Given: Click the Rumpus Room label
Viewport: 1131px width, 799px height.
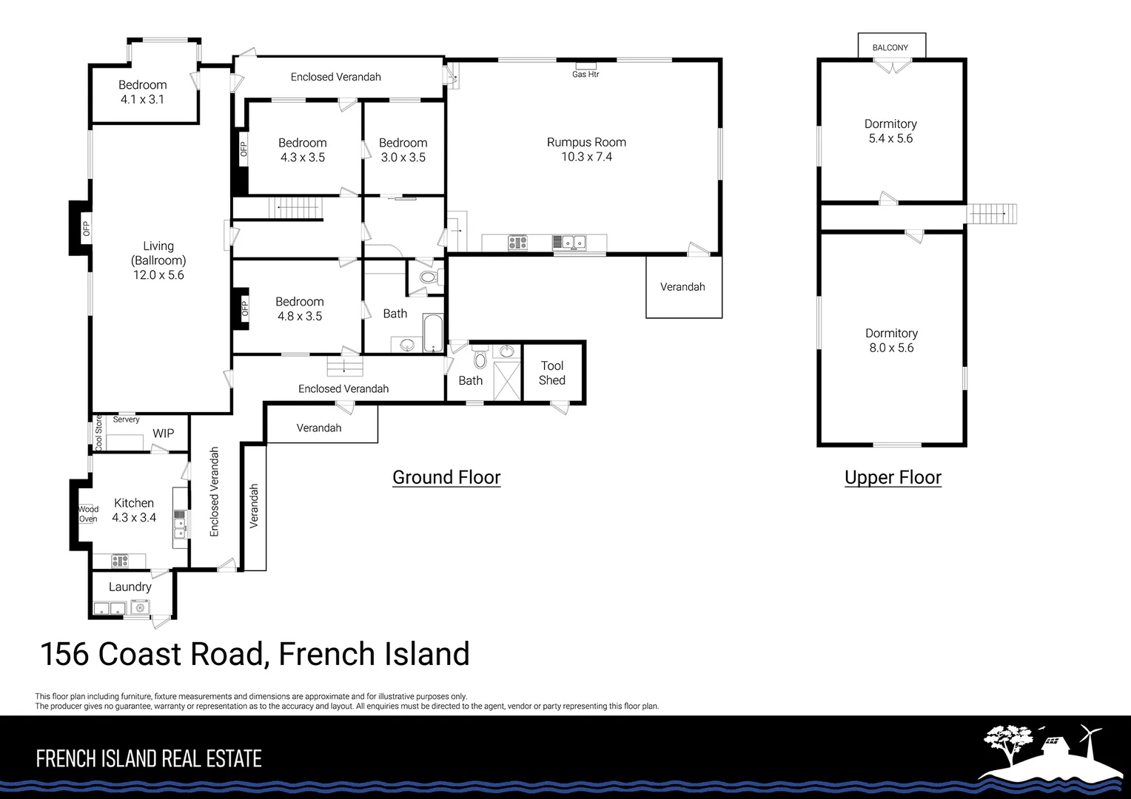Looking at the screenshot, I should [586, 142].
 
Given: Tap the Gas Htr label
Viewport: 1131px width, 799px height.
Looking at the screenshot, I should [585, 75].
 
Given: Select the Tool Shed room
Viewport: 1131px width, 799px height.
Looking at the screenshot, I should [552, 373].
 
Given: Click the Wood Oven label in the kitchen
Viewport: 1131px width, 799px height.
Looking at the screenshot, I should [88, 514].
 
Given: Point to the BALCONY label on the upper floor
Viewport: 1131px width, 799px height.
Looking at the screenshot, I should [890, 47].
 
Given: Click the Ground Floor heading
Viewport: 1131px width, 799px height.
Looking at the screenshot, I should [446, 477].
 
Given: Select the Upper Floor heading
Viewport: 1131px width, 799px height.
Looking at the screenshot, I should [893, 477].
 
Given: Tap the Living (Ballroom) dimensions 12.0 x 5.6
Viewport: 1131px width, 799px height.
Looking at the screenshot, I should [158, 275].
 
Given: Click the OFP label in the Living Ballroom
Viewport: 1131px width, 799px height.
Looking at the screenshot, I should [86, 229].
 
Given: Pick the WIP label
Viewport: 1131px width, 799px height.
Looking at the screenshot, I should [163, 434].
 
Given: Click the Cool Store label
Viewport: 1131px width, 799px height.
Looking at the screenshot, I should [98, 434].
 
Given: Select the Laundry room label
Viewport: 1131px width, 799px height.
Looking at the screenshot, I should [130, 587].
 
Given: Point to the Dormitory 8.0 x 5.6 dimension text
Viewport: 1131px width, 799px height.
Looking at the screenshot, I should [891, 348].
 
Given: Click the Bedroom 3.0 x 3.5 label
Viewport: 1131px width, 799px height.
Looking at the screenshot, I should [403, 150].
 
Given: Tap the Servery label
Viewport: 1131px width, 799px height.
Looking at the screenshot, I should [126, 419].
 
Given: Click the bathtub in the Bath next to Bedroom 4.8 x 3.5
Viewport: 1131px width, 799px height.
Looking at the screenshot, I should [432, 333].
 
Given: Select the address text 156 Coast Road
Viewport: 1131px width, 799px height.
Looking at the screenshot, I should [152, 654].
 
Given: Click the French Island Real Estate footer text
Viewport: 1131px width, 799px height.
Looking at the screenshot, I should [149, 759].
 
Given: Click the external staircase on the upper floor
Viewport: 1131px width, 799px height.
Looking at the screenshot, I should [993, 214].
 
